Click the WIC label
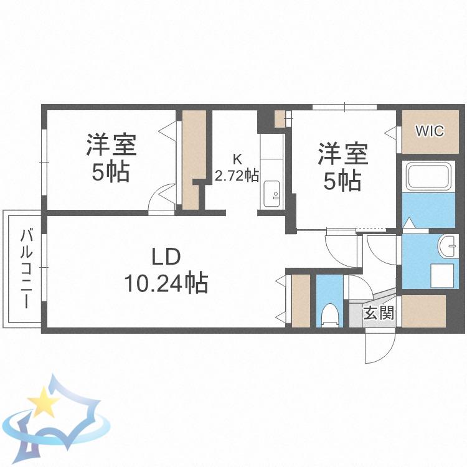pyautogui.click(x=430, y=131)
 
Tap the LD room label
pyautogui.click(x=166, y=257)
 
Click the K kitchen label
pyautogui.click(x=237, y=159)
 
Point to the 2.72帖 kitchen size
pyautogui.click(x=237, y=176)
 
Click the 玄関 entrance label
pyautogui.click(x=379, y=313)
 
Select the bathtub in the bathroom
pyautogui.click(x=428, y=176)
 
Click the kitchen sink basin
pyautogui.click(x=271, y=194)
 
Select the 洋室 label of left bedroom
pyautogui.click(x=111, y=145)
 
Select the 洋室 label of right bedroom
pyautogui.click(x=343, y=154)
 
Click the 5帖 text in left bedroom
pyautogui.click(x=111, y=172)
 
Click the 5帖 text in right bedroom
pyautogui.click(x=342, y=181)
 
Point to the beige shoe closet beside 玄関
pyautogui.click(x=423, y=311)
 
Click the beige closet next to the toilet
pyautogui.click(x=301, y=301)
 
